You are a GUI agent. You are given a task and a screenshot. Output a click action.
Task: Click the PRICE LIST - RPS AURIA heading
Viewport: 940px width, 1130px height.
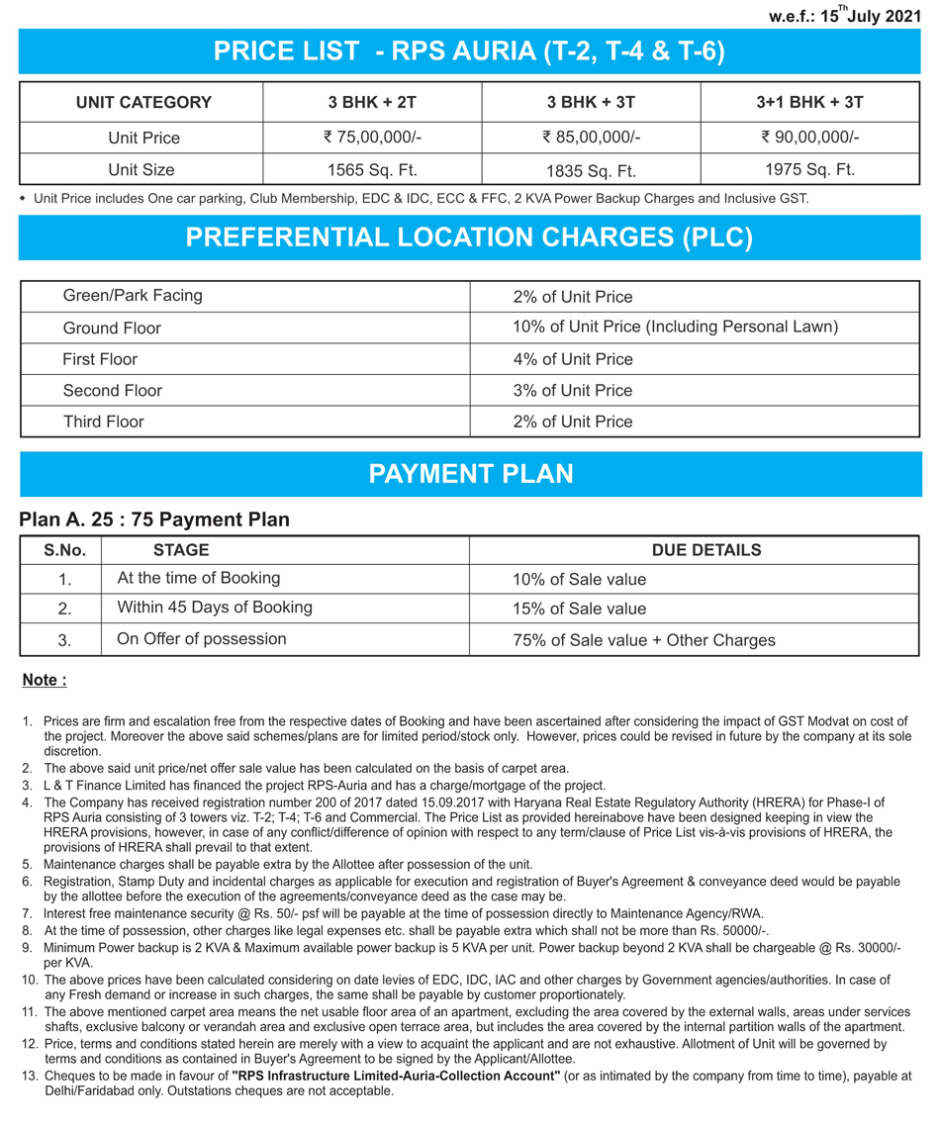point(469,51)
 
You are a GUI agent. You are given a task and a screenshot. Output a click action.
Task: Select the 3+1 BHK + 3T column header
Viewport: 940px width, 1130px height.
point(809,103)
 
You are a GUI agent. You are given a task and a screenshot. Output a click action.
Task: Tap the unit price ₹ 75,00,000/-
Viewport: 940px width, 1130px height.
point(372,138)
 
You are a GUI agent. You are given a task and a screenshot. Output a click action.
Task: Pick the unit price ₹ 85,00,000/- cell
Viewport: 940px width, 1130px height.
point(591,138)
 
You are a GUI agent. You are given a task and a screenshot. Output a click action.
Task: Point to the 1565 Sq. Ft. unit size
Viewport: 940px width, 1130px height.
point(372,170)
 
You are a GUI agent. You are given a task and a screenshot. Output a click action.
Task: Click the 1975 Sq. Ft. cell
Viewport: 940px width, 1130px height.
point(809,169)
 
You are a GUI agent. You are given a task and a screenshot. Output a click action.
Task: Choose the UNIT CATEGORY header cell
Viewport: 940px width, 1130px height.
point(143,103)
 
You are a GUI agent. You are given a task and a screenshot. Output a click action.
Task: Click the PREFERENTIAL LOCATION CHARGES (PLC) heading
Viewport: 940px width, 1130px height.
point(469,237)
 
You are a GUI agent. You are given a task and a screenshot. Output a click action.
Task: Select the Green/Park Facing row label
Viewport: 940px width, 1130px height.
point(133,296)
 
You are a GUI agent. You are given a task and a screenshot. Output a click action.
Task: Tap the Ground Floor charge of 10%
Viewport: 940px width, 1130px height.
point(675,328)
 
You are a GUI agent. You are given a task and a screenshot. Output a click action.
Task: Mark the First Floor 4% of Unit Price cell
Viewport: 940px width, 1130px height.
point(573,359)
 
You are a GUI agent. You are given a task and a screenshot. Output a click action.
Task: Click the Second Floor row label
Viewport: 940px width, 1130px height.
point(113,391)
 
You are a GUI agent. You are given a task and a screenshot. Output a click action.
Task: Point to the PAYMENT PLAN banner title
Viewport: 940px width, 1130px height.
point(470,474)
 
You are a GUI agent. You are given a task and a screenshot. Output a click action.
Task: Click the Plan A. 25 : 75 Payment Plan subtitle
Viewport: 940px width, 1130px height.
point(154,519)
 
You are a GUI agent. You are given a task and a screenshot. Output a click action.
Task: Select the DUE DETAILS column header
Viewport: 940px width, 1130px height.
point(706,550)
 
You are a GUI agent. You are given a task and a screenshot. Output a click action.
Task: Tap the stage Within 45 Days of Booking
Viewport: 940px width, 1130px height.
point(215,608)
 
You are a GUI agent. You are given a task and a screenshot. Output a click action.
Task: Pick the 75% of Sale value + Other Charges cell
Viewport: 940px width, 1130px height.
point(644,640)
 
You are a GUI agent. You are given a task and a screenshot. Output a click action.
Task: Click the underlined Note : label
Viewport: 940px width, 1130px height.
point(45,680)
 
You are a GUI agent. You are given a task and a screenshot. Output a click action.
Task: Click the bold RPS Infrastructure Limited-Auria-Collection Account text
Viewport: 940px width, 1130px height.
point(396,1076)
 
